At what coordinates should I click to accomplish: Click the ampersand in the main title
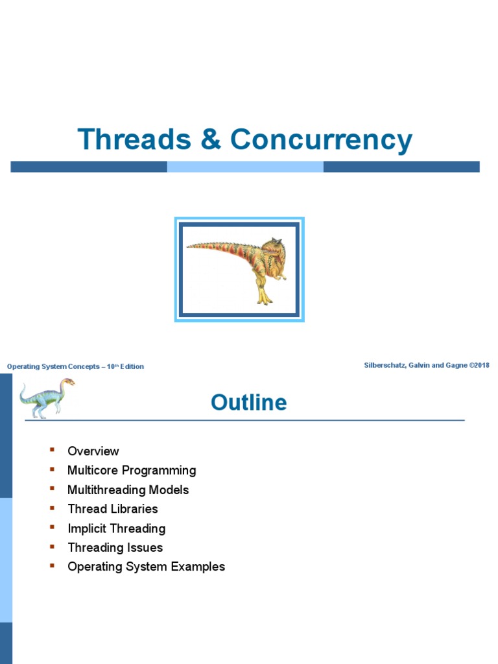coord(211,141)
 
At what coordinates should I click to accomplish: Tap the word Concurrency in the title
coord(322,141)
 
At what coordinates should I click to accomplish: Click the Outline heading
coord(248,403)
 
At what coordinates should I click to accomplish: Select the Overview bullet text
coord(93,451)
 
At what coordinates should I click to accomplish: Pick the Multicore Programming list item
coord(132,470)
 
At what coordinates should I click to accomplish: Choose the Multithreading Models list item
coord(128,490)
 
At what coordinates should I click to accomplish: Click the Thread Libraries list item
coord(112,509)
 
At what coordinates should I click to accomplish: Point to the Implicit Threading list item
coord(116,528)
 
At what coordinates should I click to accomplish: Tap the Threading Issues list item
coord(115,547)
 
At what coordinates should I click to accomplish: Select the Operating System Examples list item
coord(146,567)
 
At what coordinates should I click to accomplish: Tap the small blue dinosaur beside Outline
coord(46,397)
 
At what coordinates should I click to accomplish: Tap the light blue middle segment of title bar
coord(245,167)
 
